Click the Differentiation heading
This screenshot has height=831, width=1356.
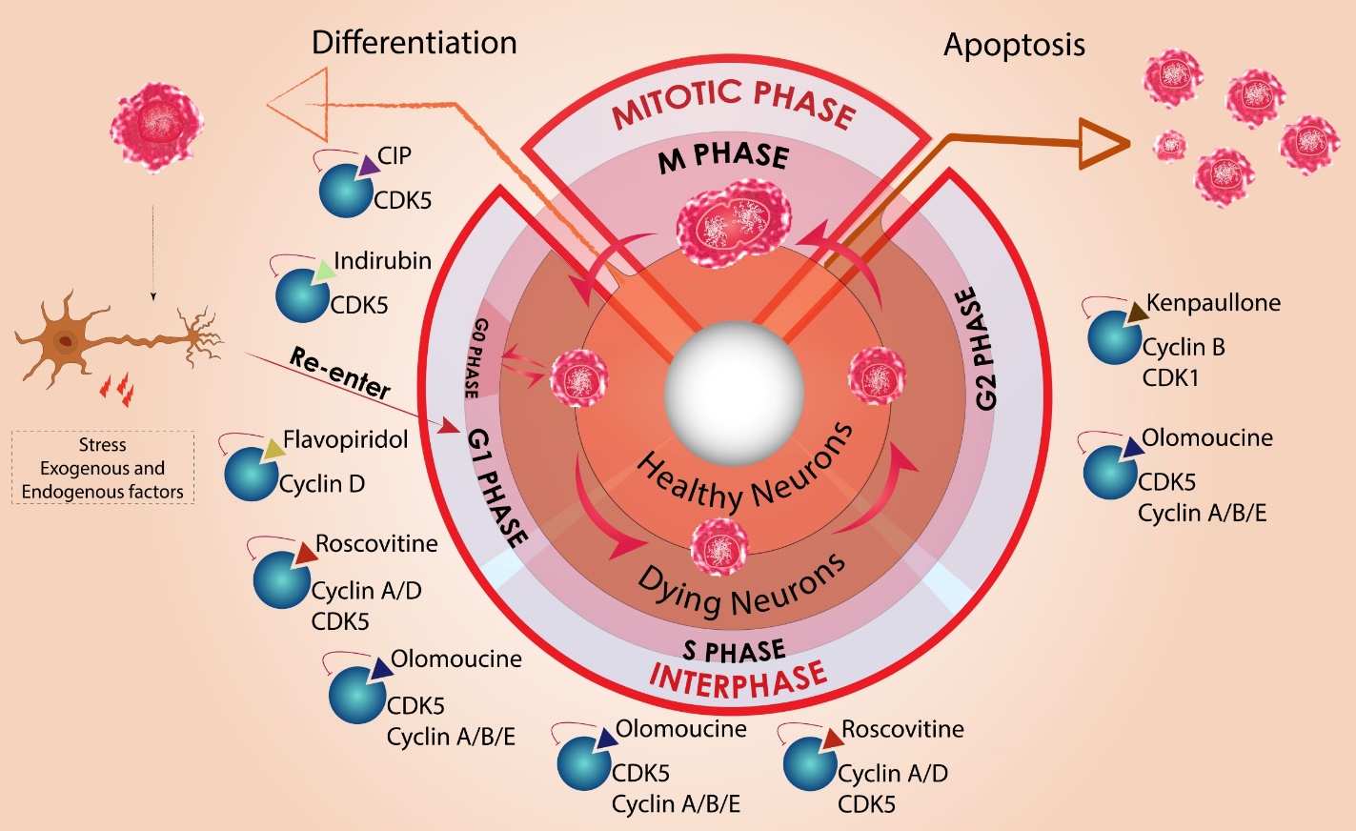[x=414, y=43]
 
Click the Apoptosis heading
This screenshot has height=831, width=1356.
[x=1014, y=45]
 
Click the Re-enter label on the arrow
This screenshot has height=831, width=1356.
[x=340, y=373]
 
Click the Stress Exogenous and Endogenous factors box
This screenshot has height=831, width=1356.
[x=103, y=468]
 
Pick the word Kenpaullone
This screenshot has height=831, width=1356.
[x=1213, y=303]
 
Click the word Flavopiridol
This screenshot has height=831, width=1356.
[x=345, y=439]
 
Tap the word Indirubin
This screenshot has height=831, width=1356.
[x=382, y=260]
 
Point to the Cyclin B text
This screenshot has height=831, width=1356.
[x=1184, y=347]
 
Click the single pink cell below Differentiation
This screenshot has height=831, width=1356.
[x=157, y=126]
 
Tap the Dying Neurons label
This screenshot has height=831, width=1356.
[x=740, y=585]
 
